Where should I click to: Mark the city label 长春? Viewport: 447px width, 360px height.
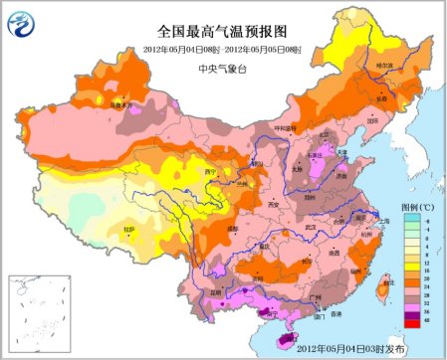point(380,97)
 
